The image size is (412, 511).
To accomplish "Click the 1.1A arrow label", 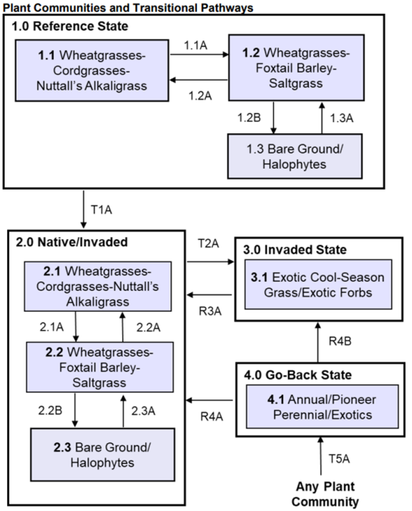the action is pos(197,46).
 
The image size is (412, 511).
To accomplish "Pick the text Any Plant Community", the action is pos(325,493).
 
